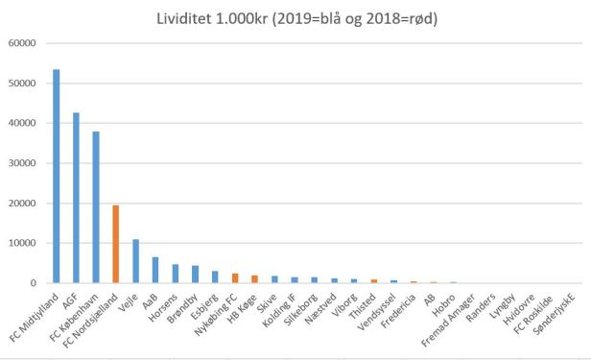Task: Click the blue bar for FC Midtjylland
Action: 56,177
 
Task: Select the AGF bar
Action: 76,198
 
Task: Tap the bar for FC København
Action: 96,207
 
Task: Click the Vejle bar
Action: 136,261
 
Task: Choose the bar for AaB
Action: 155,270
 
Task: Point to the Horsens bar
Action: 176,274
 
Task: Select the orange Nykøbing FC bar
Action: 235,278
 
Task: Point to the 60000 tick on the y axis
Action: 20,43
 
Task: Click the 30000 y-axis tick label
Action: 20,163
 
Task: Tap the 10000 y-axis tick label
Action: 20,243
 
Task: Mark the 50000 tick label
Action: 20,84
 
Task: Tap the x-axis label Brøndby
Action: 182,306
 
